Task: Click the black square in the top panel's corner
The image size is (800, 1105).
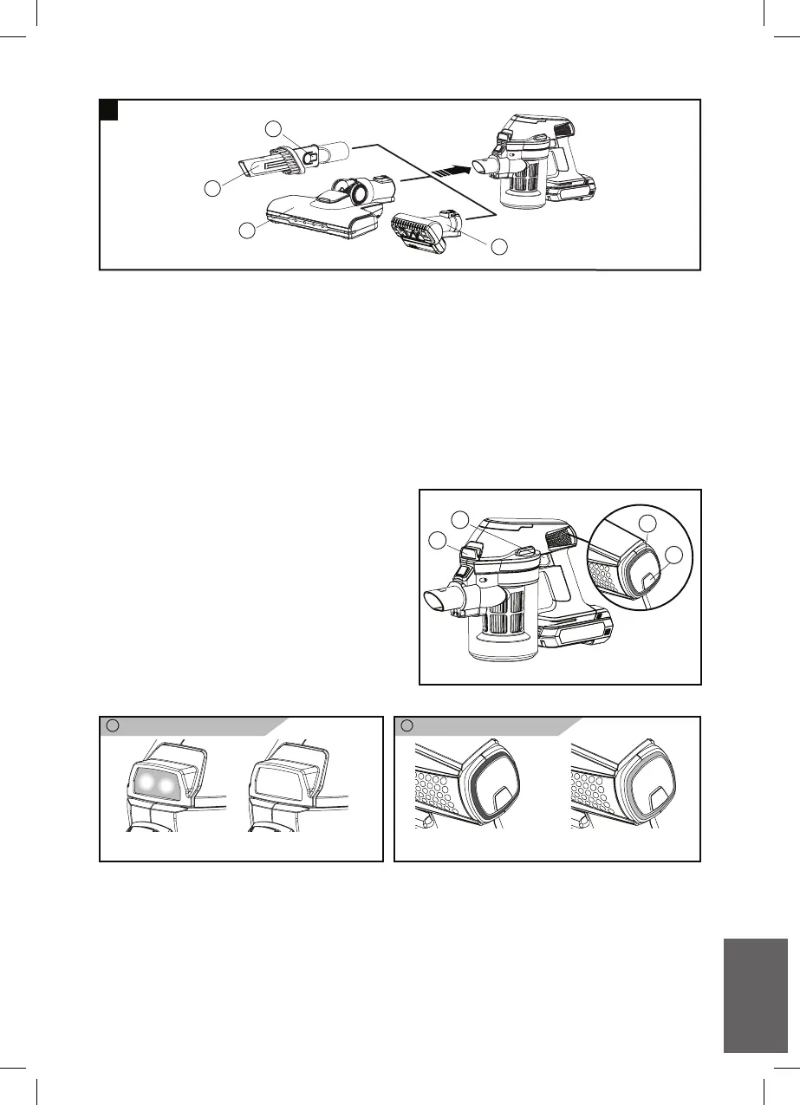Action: point(108,110)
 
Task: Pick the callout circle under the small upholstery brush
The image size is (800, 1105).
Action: point(498,246)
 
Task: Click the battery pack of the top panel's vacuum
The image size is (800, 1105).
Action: point(571,189)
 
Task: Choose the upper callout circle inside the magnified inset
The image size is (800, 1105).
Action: point(647,522)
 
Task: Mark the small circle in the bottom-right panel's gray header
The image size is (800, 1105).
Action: point(408,726)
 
